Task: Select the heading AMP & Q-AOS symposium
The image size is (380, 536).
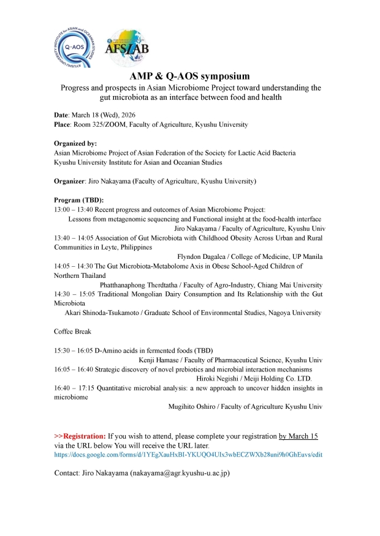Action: (x=190, y=76)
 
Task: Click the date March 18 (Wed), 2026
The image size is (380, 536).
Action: (x=103, y=115)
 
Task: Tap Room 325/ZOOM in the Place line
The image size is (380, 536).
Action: (x=98, y=124)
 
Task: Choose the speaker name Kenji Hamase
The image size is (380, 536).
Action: (x=161, y=360)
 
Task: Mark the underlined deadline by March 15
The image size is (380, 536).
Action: (x=298, y=436)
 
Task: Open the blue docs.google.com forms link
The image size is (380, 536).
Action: (x=188, y=455)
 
